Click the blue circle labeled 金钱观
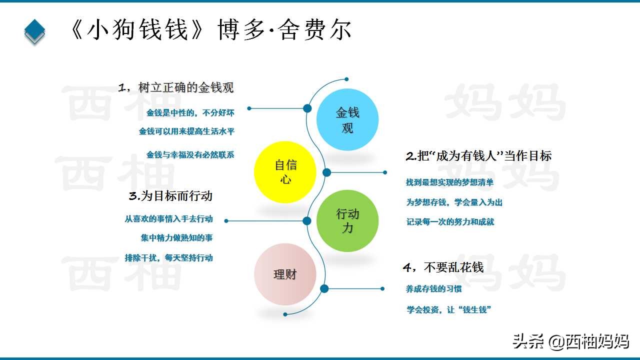pos(347,120)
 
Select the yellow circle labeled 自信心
pos(285,172)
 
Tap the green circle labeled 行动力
pos(347,221)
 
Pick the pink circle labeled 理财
pos(285,274)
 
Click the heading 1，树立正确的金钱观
pos(176,88)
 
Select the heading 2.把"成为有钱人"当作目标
pos(478,155)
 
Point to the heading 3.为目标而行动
pos(171,195)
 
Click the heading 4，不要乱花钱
pos(443,267)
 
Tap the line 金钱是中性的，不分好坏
pos(190,113)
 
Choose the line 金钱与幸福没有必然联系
pos(190,155)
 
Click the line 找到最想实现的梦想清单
pos(449,182)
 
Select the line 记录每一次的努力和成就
pos(450,221)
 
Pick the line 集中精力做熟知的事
pos(176,238)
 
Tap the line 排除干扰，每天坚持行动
pos(168,258)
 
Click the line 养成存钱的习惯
pos(433,289)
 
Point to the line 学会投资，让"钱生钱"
pos(449,309)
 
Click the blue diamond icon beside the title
pos(34,30)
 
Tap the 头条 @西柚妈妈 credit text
pos(570,341)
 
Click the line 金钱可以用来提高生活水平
pos(186,131)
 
